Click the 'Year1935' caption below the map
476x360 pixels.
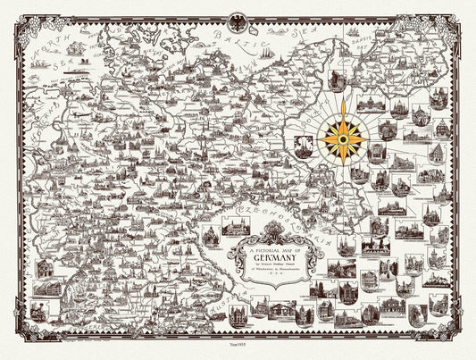238,347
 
